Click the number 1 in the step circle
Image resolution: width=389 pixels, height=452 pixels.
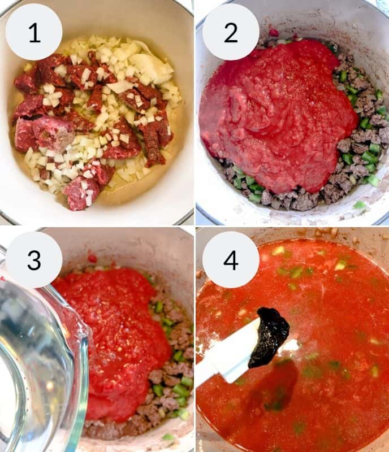coord(34,32)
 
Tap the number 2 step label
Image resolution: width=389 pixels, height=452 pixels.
coord(230,32)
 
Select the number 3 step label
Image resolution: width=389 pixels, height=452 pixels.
coord(34,259)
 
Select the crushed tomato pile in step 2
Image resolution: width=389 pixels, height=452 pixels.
coord(277,107)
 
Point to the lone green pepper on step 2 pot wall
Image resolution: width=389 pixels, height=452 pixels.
coord(358,205)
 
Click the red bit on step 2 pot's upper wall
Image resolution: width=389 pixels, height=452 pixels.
coord(274,32)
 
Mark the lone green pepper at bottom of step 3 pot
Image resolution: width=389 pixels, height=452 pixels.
coord(168,437)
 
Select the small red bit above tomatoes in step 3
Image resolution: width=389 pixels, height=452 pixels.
coord(92,259)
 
